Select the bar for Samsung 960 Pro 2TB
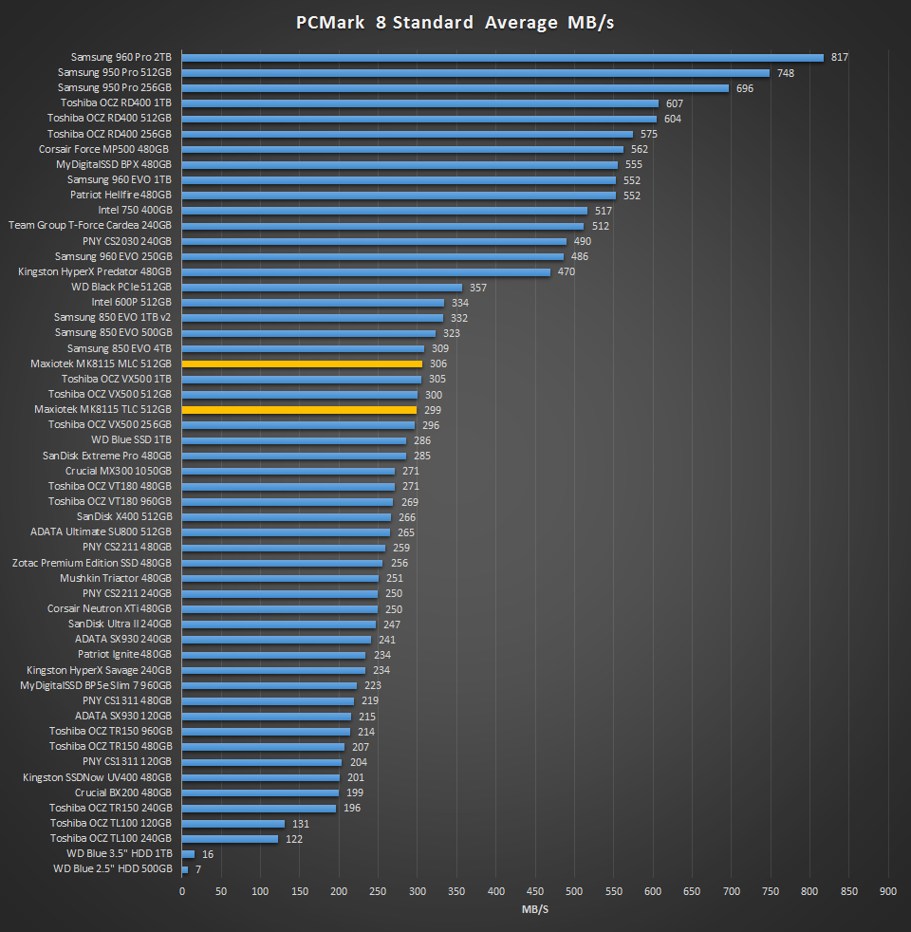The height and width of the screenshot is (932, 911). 502,57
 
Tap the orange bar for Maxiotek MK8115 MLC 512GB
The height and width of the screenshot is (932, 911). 302,363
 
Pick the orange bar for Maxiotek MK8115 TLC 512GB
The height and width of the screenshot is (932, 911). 299,409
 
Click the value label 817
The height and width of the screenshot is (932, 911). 839,57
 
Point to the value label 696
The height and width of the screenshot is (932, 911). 745,88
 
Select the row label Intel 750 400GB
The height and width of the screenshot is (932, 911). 135,210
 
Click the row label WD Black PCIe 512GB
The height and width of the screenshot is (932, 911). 121,287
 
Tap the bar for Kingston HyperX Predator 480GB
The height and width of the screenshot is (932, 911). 365,271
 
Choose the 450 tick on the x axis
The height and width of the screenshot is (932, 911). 534,891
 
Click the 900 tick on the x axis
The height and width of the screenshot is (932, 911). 887,891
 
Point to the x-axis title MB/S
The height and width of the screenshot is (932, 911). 534,910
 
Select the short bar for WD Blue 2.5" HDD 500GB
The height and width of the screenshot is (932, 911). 184,868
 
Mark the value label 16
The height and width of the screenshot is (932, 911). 208,853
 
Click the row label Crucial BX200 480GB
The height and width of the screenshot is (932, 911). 123,792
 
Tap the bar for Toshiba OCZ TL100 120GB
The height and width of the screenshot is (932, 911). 232,823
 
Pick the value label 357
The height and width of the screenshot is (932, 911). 478,287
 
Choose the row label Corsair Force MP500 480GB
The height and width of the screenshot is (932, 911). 104,149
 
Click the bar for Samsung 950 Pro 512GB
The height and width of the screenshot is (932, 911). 474,72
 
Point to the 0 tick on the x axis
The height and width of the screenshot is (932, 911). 181,891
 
